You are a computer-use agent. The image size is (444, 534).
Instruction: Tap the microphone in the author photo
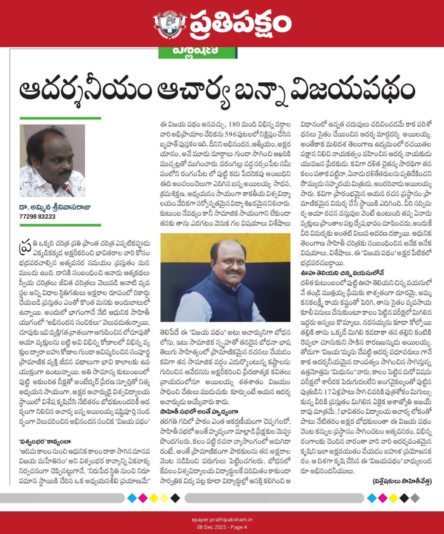[x=68, y=190]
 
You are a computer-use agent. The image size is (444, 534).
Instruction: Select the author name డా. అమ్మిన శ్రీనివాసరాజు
[x=55, y=207]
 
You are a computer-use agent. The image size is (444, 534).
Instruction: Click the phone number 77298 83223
[x=37, y=217]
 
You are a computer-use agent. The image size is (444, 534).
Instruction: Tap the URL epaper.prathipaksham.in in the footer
[x=222, y=520]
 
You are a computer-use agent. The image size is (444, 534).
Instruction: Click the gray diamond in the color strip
[x=415, y=498]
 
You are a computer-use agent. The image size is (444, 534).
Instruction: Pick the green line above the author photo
[x=60, y=118]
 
